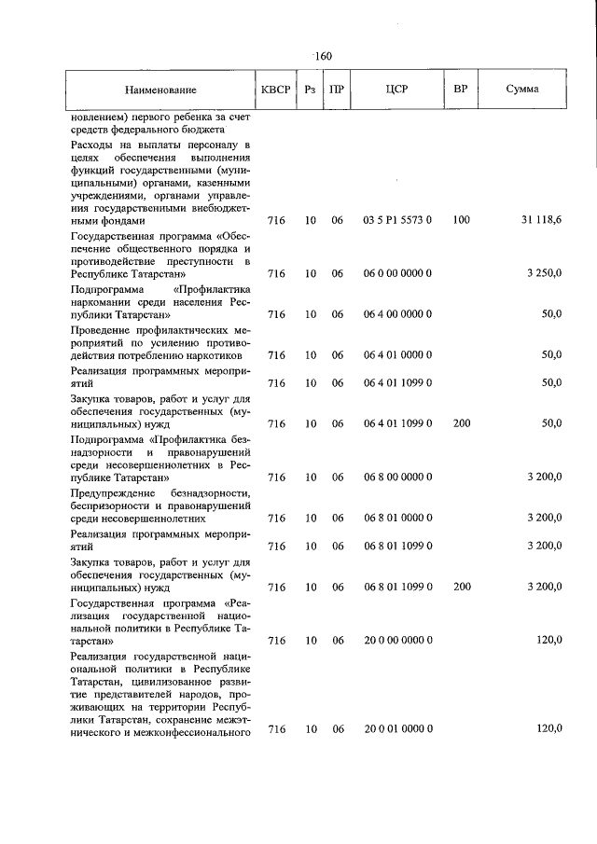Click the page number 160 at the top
(x=323, y=56)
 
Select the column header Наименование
(x=160, y=90)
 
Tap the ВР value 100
(x=461, y=221)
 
